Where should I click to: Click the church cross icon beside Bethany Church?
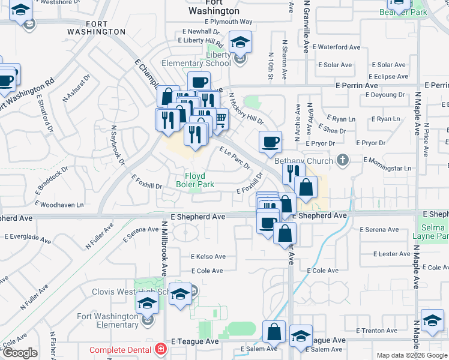(342, 160)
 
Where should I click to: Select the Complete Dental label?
(122, 350)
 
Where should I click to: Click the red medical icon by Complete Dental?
(160, 349)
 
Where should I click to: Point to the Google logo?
(19, 353)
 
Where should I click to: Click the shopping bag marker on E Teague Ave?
(274, 331)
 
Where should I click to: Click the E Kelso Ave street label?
(208, 256)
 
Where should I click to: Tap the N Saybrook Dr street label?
(117, 145)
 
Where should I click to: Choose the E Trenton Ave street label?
(377, 331)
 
